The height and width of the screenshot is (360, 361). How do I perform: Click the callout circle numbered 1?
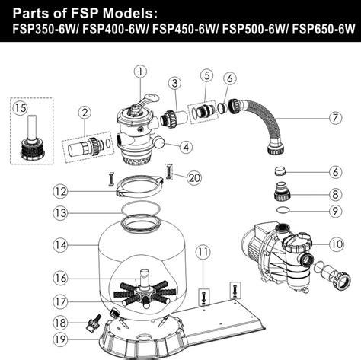click(x=139, y=72)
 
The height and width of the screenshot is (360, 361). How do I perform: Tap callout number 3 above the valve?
click(x=174, y=82)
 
